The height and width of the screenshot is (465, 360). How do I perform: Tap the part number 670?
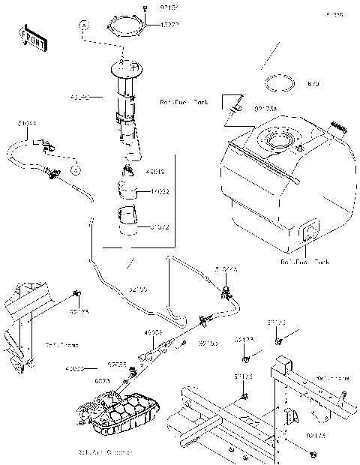pyautogui.click(x=313, y=85)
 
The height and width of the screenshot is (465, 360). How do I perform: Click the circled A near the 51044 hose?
pyautogui.click(x=76, y=170)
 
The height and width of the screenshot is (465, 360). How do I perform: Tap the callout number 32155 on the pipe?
pyautogui.click(x=138, y=288)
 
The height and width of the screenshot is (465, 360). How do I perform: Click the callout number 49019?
pyautogui.click(x=157, y=171)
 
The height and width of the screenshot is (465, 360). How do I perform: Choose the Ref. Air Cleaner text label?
pyautogui.click(x=105, y=452)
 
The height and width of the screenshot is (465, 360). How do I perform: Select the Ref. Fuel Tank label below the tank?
pyautogui.click(x=304, y=262)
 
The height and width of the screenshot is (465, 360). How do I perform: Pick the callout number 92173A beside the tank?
pyautogui.click(x=265, y=108)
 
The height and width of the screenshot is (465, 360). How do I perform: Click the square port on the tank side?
pyautogui.click(x=309, y=233)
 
